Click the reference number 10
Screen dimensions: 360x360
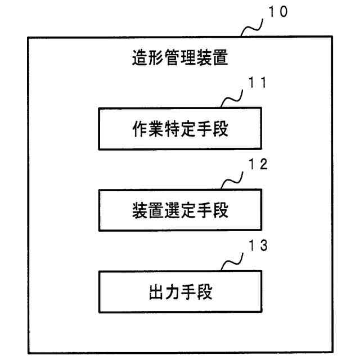pos(278,12)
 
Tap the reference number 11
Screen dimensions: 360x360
pos(256,84)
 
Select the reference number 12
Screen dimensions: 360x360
pos(256,166)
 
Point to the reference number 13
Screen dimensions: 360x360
pos(256,246)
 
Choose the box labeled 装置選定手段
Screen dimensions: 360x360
pos(179,210)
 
